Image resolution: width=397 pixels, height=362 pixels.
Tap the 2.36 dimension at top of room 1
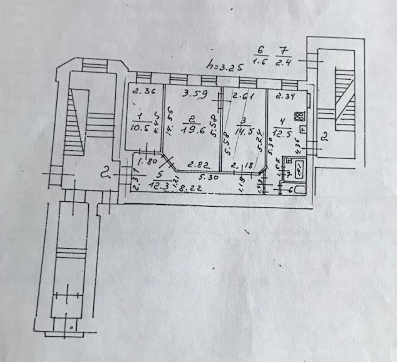point(141,91)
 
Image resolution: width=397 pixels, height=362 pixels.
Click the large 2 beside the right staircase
point(325,137)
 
